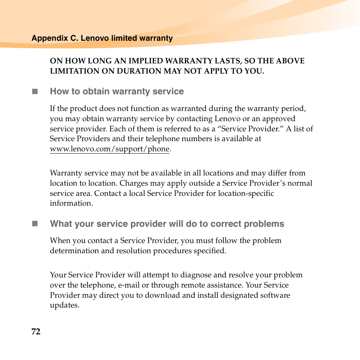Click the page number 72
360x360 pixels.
36,332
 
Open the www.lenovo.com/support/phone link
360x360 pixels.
109,149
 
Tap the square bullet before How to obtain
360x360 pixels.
35,91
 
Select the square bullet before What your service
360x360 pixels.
35,224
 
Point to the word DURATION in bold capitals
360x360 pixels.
140,71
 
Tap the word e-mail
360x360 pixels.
129,285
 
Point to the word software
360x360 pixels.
275,295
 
